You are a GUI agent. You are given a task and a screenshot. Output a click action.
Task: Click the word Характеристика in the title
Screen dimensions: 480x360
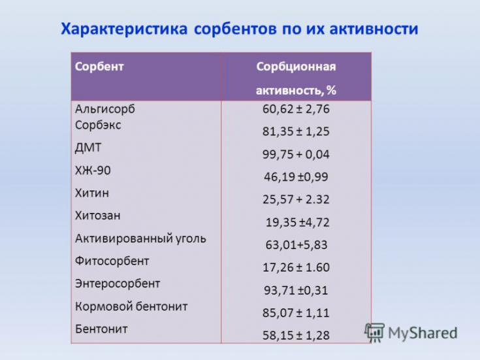tap(124, 29)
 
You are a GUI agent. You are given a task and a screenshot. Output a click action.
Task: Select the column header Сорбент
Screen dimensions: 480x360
tap(99, 67)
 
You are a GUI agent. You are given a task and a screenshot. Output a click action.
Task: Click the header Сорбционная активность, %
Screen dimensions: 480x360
tap(296, 78)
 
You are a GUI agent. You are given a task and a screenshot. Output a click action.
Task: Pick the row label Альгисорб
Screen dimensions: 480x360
tap(105, 109)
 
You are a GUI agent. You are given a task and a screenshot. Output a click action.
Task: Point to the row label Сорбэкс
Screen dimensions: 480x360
tap(98, 125)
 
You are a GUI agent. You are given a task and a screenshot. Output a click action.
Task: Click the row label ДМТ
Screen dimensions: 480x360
tap(88, 148)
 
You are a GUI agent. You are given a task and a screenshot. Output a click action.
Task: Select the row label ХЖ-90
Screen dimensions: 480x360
tap(93, 171)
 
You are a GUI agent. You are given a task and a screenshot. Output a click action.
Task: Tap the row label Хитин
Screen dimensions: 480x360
tap(92, 193)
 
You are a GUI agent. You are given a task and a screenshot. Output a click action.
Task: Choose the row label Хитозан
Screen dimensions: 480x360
tap(98, 216)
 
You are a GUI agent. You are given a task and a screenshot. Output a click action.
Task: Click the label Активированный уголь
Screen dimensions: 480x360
tap(140, 238)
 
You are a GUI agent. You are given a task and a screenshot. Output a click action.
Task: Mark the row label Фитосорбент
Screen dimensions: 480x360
tap(112, 261)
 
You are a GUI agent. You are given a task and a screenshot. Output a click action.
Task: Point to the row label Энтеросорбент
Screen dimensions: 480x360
tap(118, 284)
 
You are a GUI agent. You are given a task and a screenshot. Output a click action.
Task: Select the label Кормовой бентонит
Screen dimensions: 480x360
tap(131, 306)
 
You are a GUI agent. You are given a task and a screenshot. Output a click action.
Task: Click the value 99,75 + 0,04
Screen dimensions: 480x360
tap(296, 154)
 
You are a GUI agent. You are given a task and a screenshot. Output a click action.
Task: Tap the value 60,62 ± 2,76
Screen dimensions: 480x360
tap(296, 109)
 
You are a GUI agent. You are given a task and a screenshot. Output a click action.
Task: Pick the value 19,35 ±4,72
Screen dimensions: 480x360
tap(297, 222)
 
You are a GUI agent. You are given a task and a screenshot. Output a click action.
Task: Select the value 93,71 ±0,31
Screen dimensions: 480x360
tap(296, 290)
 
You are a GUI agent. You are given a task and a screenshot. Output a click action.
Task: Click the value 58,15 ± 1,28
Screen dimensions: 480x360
tap(296, 335)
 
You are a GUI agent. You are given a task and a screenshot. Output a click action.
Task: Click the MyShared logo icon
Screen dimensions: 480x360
tap(374, 332)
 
